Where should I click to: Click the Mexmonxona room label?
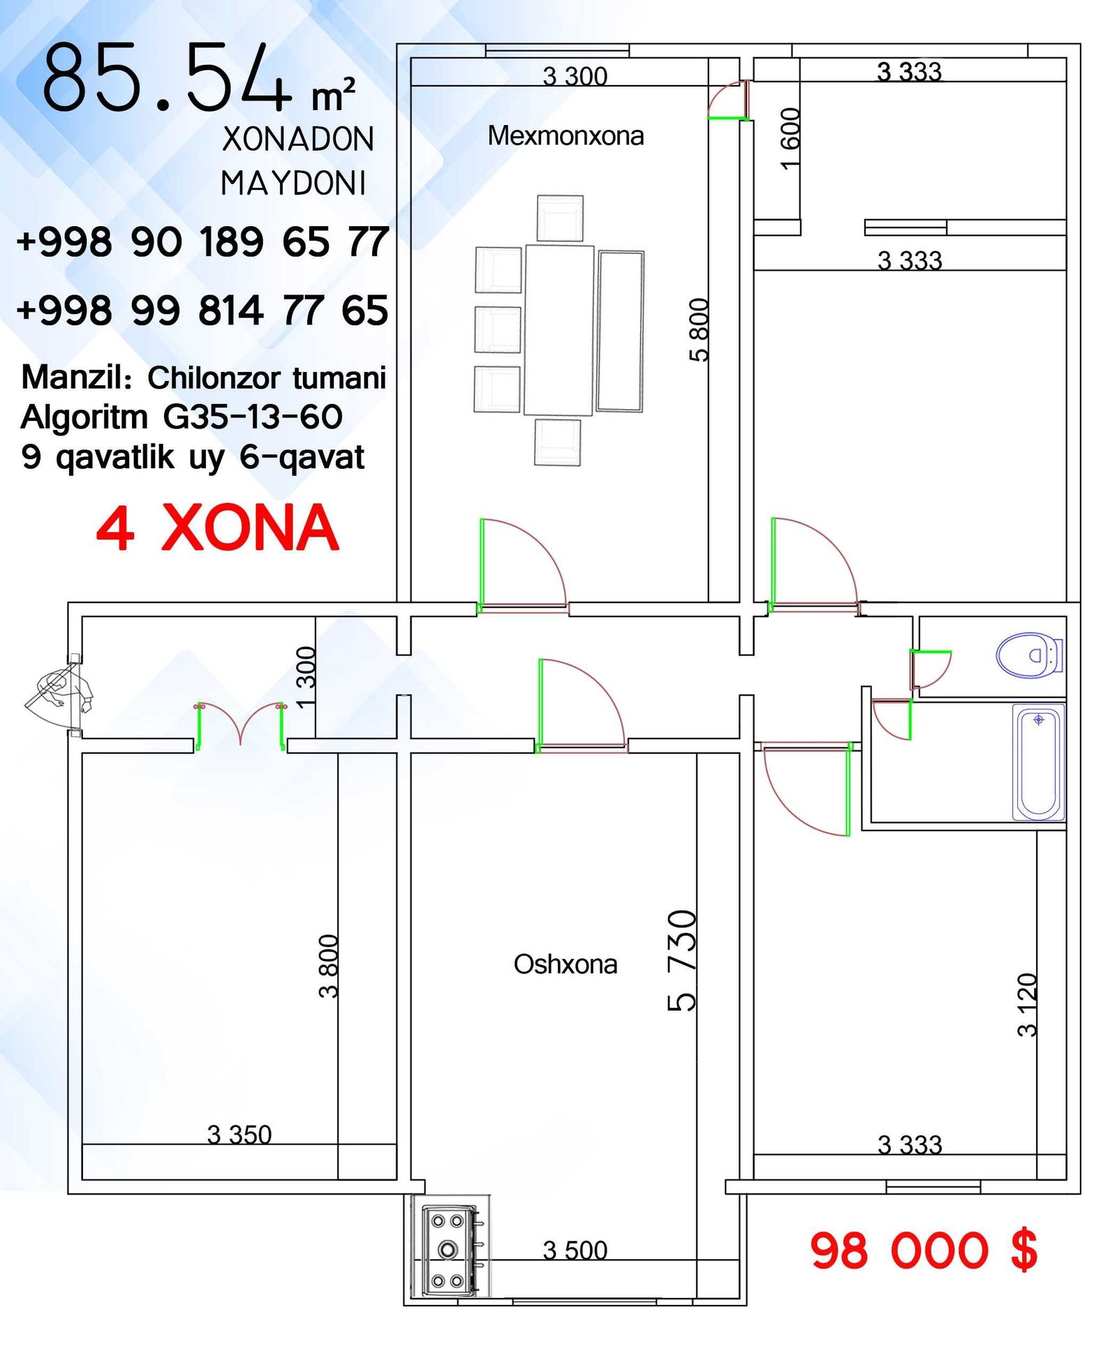565,135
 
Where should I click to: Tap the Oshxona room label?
565,964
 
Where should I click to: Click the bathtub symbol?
1038,762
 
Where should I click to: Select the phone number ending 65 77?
202,241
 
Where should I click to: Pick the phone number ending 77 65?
202,310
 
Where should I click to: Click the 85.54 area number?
168,77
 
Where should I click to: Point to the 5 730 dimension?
681,960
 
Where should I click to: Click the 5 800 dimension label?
699,329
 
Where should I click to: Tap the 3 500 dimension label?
575,1250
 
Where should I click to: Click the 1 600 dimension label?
790,138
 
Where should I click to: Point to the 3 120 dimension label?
1027,1004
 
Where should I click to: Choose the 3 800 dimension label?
328,966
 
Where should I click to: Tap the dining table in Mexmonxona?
558,330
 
